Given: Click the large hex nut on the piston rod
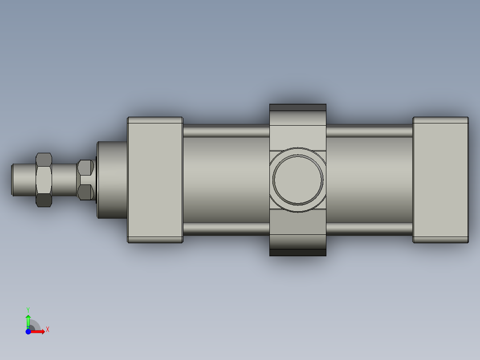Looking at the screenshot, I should click(44, 180).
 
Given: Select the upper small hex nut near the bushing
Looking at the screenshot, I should click(85, 168).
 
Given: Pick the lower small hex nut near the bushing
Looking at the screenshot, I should click(85, 192).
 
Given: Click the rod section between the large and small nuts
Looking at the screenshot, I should click(65, 180).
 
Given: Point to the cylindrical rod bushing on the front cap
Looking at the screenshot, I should click(112, 180).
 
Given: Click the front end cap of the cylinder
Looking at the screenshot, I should click(155, 180).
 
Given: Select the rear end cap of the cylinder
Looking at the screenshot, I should click(440, 180).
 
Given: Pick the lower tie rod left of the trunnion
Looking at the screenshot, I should click(226, 229).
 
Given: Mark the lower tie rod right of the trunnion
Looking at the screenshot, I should click(369, 229).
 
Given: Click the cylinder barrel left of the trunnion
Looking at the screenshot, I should click(226, 180).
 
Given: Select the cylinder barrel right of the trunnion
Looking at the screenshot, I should click(369, 180).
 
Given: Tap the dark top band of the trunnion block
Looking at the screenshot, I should click(298, 108).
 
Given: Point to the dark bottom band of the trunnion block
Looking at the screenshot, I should click(298, 252).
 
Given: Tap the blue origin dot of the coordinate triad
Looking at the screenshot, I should click(28, 331).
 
